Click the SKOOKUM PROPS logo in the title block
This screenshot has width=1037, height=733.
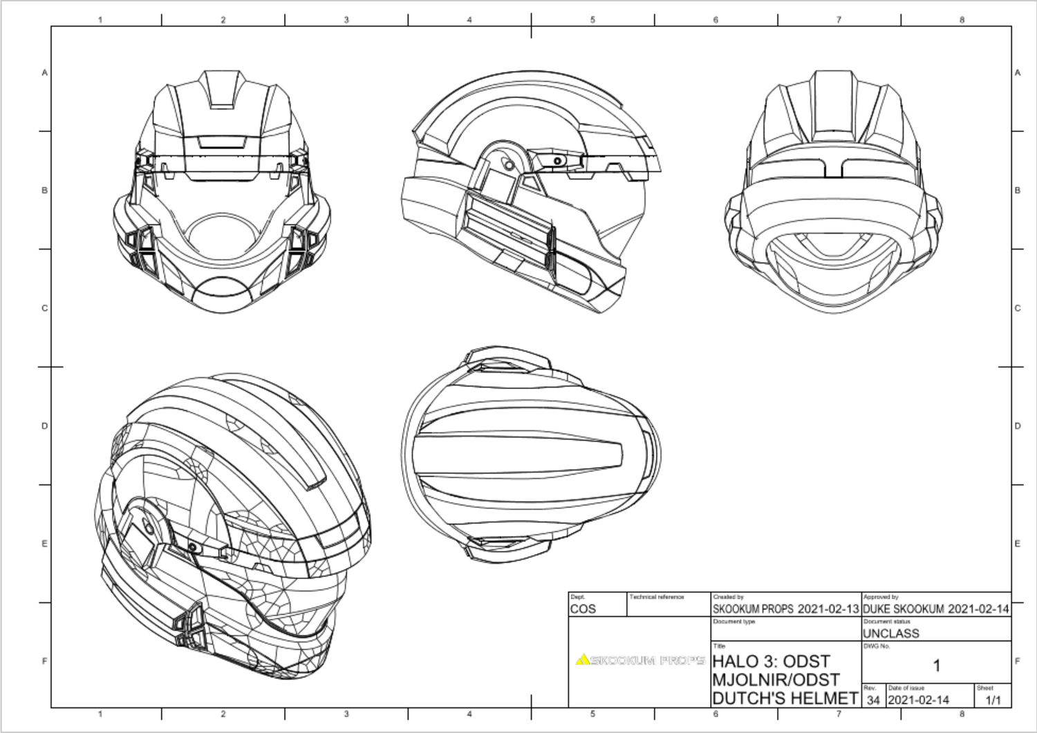pos(640,660)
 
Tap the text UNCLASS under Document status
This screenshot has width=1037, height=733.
pos(890,633)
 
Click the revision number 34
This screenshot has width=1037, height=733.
pos(873,700)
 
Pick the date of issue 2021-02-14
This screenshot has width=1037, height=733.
pos(918,700)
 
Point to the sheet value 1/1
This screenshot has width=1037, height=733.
pos(993,700)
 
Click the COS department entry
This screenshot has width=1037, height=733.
pos(583,609)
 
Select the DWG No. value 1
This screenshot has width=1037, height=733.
pos(936,666)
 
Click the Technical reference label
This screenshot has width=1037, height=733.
pos(656,597)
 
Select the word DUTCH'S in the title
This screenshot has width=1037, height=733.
pos(749,698)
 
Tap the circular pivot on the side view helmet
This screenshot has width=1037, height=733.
pos(508,164)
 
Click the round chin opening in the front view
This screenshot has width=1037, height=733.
pos(221,235)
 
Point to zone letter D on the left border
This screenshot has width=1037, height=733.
pos(44,426)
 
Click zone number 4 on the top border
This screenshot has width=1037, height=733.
pos(469,19)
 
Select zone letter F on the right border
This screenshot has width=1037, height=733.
pos(1017,661)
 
